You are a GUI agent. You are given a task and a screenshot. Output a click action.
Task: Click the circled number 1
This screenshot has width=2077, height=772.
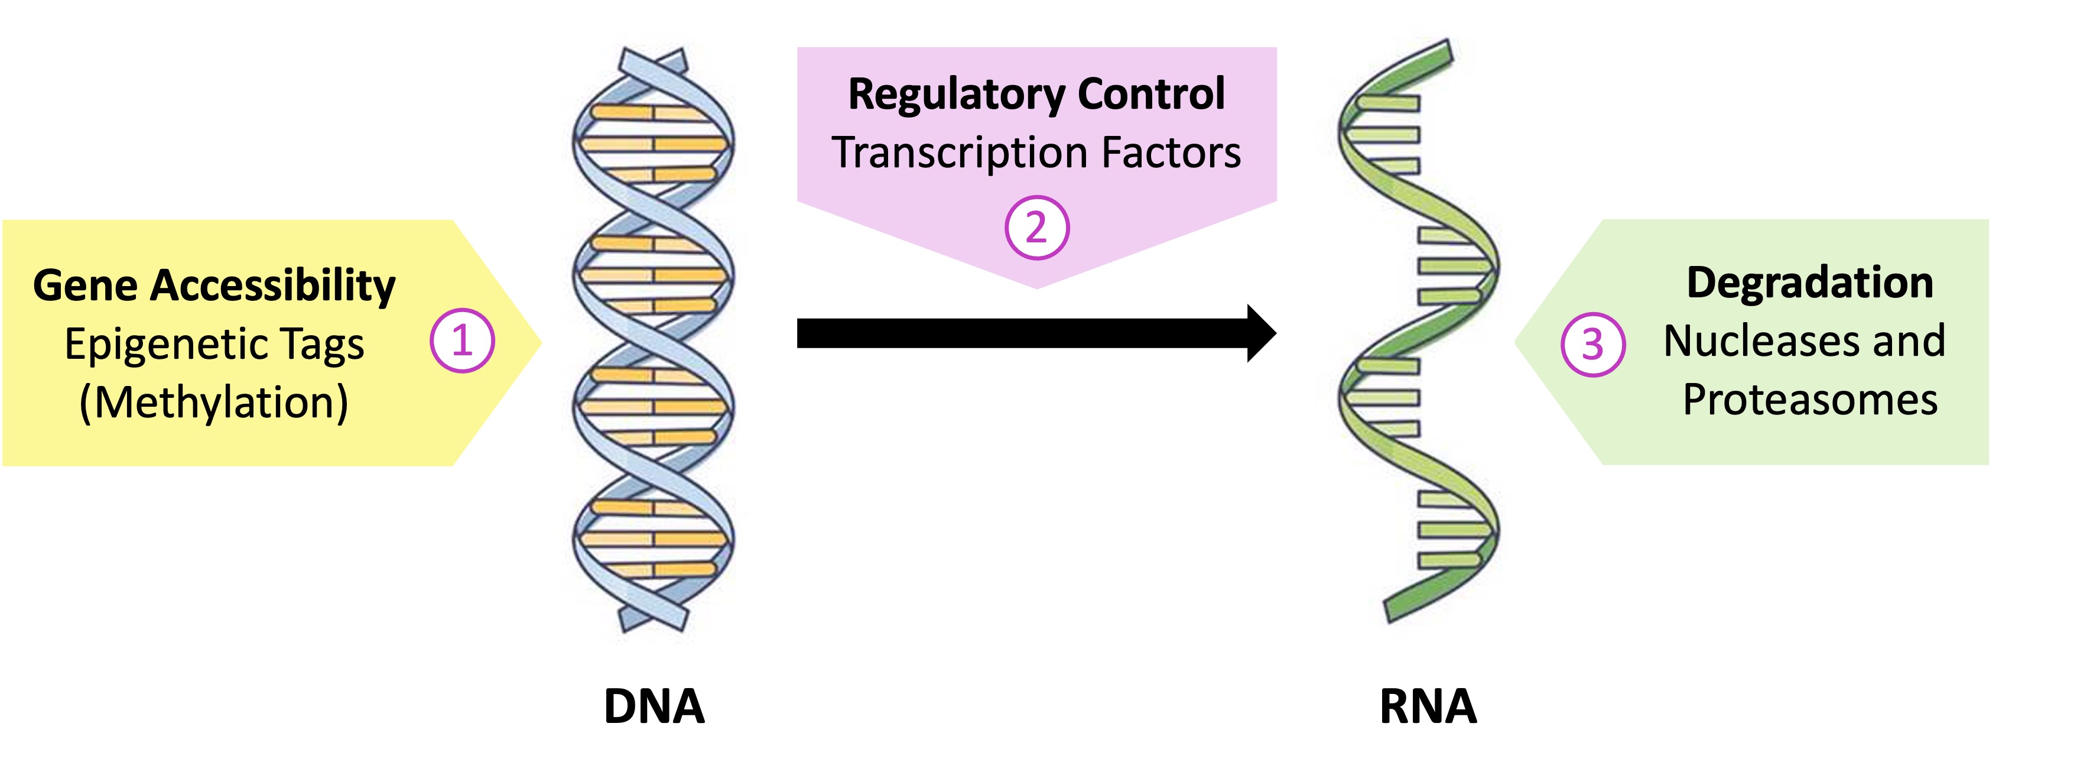click(461, 341)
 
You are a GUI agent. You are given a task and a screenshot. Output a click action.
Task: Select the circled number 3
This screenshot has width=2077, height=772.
click(1592, 345)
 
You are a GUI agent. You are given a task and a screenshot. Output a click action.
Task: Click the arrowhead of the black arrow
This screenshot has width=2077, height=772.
click(1260, 333)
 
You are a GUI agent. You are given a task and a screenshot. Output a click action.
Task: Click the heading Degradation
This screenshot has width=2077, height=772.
click(1809, 283)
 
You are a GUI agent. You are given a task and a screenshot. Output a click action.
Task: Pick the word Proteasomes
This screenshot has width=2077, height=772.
click(1809, 400)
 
